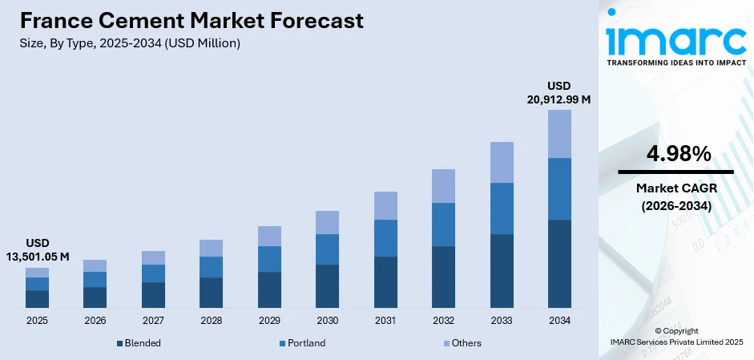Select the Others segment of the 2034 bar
pyautogui.click(x=559, y=134)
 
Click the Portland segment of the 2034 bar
pyautogui.click(x=559, y=188)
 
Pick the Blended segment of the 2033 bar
pyautogui.click(x=502, y=271)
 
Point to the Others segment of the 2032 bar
pyautogui.click(x=443, y=186)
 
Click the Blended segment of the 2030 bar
pyautogui.click(x=327, y=286)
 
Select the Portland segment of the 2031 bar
pyautogui.click(x=385, y=238)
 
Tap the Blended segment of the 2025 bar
pyautogui.click(x=37, y=299)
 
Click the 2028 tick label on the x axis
pyautogui.click(x=211, y=321)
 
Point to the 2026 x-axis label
pyautogui.click(x=95, y=321)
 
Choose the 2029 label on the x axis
pyautogui.click(x=269, y=321)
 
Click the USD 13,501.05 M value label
pyautogui.click(x=37, y=249)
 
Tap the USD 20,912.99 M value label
pyautogui.click(x=558, y=92)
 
